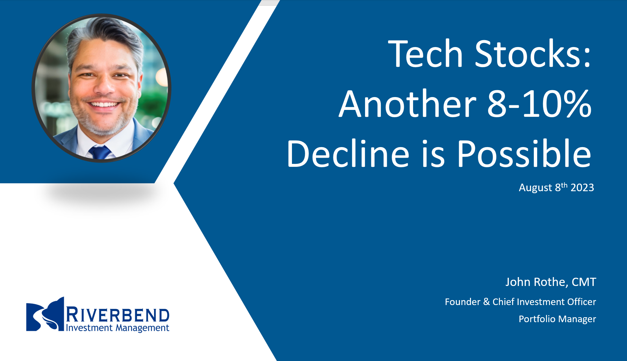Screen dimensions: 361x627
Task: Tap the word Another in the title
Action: point(407,104)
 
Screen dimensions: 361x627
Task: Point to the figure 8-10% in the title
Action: point(539,104)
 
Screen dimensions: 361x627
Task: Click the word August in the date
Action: point(535,188)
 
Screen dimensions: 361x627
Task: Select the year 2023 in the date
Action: point(582,188)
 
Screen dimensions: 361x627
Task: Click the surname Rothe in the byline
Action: point(550,282)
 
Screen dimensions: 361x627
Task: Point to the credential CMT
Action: point(584,282)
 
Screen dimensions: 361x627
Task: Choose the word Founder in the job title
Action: point(462,302)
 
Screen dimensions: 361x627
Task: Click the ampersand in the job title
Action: point(486,302)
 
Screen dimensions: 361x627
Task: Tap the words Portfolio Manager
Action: point(557,319)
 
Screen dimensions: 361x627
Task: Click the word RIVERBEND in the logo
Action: point(118,315)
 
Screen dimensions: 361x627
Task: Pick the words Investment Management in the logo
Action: point(118,328)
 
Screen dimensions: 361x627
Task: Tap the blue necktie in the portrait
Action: point(100,152)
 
